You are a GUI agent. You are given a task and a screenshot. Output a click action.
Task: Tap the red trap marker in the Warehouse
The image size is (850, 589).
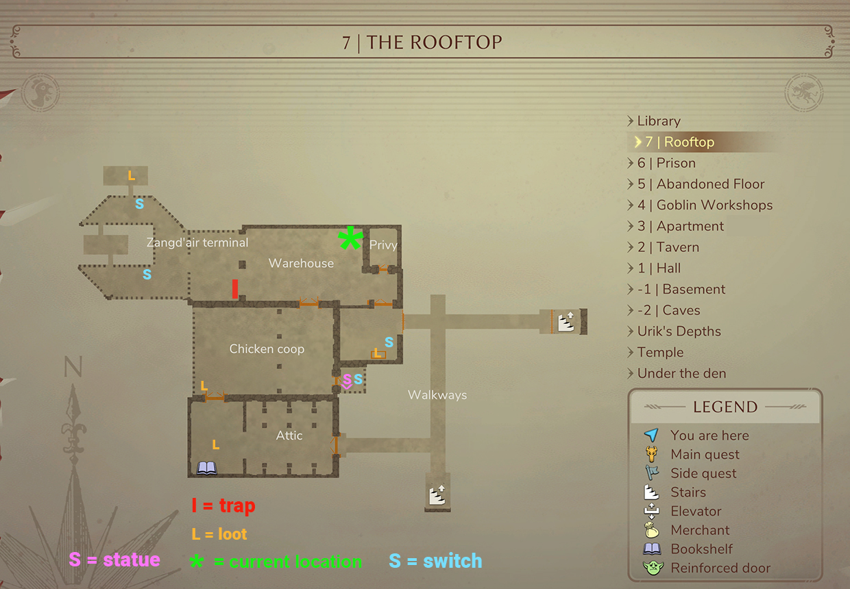pyautogui.click(x=235, y=289)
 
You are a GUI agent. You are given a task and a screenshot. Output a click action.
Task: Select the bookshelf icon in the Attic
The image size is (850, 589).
pyautogui.click(x=207, y=468)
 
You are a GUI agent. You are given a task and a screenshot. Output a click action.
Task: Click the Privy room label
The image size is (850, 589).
pyautogui.click(x=383, y=245)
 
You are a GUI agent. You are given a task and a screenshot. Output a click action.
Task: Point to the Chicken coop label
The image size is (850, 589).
pyautogui.click(x=267, y=349)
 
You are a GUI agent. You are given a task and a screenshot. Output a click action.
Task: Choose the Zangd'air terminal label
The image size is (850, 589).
pyautogui.click(x=197, y=242)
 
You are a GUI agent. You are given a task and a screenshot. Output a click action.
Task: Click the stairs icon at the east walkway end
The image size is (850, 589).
pyautogui.click(x=566, y=322)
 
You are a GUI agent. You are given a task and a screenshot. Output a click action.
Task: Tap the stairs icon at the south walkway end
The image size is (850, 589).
pyautogui.click(x=437, y=494)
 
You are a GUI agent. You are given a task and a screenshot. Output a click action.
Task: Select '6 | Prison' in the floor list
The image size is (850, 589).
pyautogui.click(x=666, y=163)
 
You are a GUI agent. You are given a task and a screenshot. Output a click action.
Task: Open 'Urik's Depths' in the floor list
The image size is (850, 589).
pyautogui.click(x=679, y=331)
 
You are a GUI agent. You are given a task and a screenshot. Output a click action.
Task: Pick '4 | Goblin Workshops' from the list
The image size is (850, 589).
pyautogui.click(x=705, y=205)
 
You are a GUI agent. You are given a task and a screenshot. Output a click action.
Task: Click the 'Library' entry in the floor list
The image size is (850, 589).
pyautogui.click(x=659, y=121)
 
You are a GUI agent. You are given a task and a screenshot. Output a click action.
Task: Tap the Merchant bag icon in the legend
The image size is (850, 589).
pyautogui.click(x=651, y=530)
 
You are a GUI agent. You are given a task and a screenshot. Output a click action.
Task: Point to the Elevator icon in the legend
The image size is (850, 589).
pyautogui.click(x=651, y=511)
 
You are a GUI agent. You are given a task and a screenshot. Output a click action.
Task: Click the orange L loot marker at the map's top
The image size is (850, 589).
pyautogui.click(x=132, y=176)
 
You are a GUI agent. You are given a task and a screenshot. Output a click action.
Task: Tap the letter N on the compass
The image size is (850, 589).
pyautogui.click(x=73, y=368)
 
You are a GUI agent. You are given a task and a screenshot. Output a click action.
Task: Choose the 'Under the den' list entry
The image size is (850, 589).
pyautogui.click(x=681, y=373)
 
